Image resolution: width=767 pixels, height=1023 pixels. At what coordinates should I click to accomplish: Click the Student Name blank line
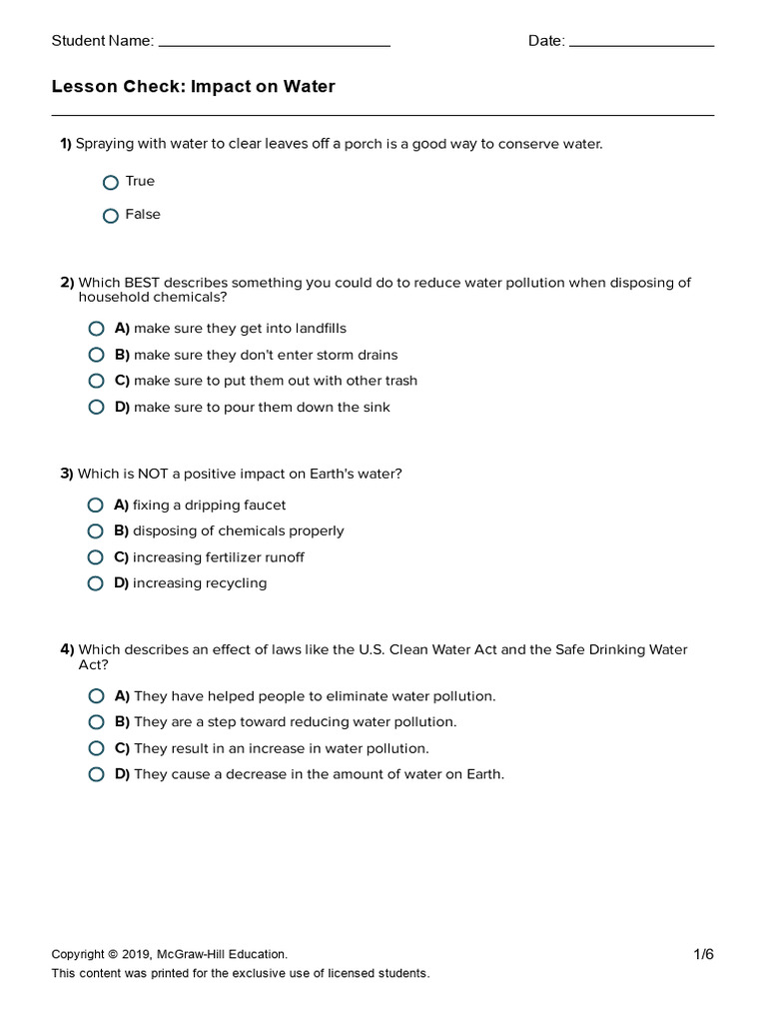[274, 45]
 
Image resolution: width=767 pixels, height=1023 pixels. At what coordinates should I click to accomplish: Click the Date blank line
[640, 45]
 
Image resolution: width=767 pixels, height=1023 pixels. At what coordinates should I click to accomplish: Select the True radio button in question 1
[111, 183]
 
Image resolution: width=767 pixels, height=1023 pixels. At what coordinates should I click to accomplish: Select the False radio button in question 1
[111, 216]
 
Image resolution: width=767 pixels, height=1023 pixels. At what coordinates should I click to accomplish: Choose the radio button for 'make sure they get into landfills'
[96, 329]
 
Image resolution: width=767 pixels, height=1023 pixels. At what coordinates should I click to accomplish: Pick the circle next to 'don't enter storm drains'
[96, 355]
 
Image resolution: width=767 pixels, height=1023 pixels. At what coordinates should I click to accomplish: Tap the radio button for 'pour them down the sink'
[96, 407]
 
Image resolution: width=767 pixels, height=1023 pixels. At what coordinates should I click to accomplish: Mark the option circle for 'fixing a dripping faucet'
[96, 506]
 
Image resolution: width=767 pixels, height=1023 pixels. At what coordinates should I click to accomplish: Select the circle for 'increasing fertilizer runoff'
[96, 557]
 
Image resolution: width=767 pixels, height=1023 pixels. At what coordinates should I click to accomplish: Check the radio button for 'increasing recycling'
[96, 583]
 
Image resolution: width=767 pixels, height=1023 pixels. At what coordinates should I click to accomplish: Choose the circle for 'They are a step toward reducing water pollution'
[96, 722]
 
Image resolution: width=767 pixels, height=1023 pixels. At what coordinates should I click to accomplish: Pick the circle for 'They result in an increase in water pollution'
[96, 748]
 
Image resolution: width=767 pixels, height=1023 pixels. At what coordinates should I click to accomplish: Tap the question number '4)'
[67, 650]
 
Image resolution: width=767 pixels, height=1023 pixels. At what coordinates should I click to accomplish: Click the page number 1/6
[704, 954]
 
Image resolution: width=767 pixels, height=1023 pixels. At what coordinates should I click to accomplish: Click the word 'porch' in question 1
[365, 145]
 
